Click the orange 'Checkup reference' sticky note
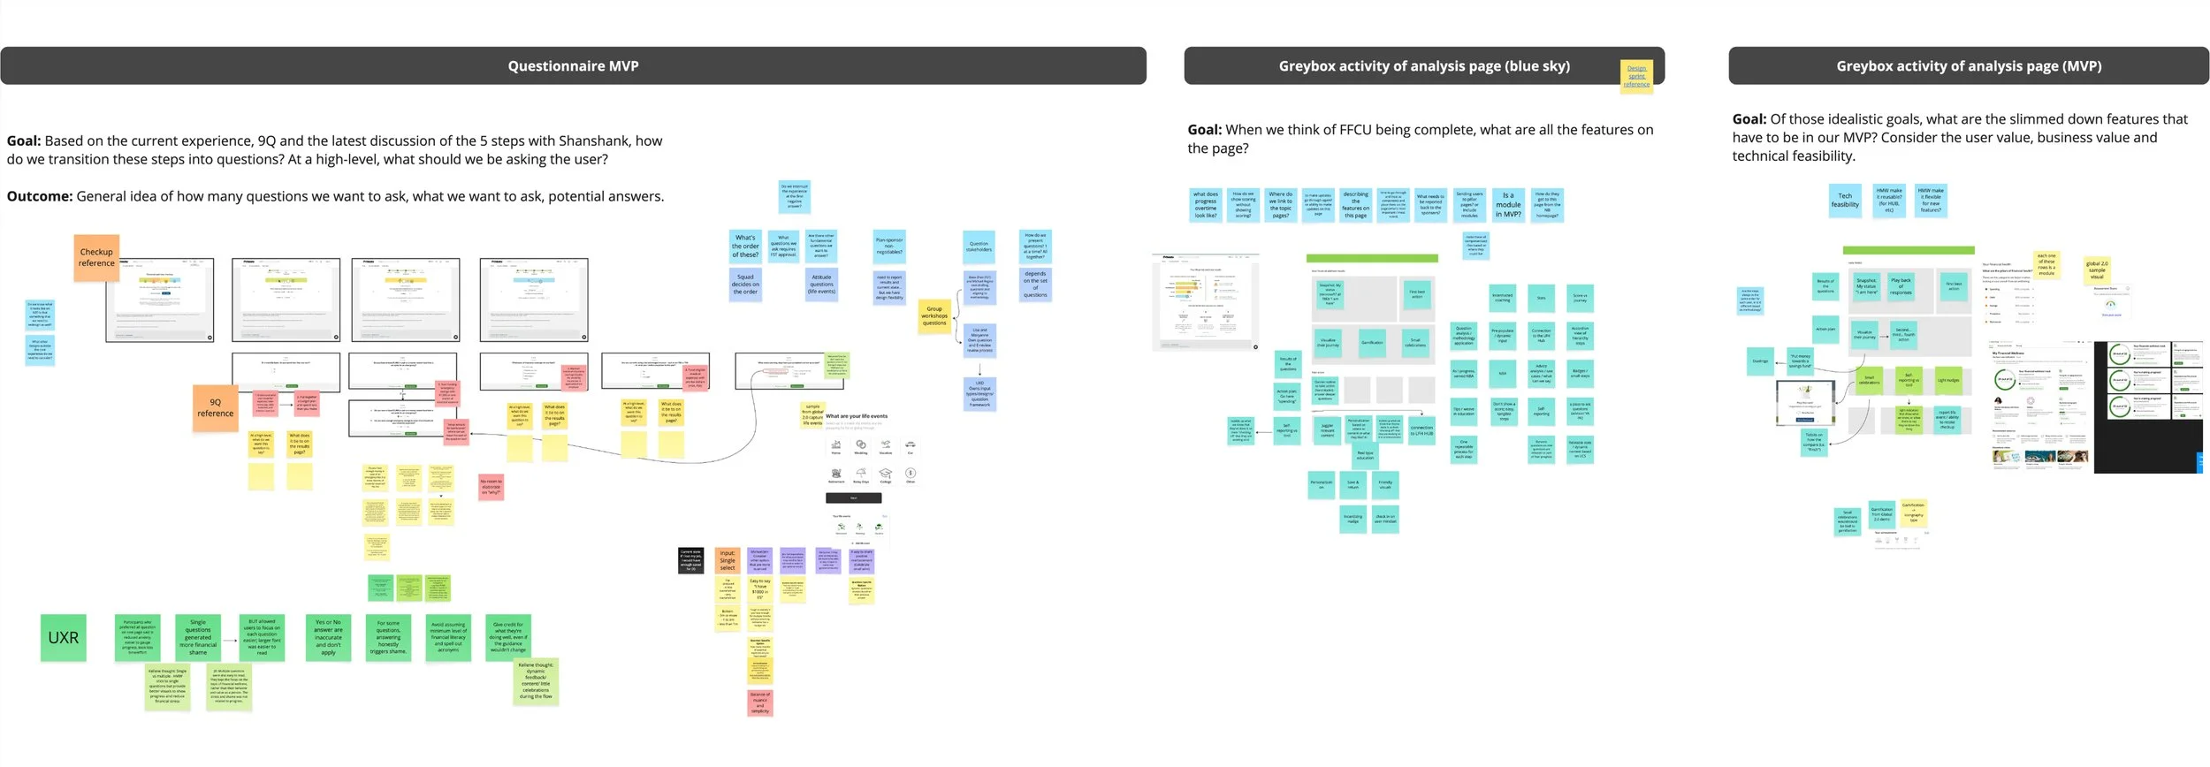tap(96, 258)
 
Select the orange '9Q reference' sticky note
tap(216, 408)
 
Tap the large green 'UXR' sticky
tap(64, 638)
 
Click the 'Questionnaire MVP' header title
tap(573, 66)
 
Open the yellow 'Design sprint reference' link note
tap(1636, 76)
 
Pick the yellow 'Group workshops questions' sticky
tap(934, 316)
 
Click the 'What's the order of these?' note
tap(745, 247)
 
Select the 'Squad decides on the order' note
tap(745, 285)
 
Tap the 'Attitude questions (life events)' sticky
tap(821, 285)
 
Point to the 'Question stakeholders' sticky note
tap(979, 247)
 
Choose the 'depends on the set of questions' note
tap(1035, 285)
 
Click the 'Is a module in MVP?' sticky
tap(1508, 205)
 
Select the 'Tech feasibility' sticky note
tap(1845, 201)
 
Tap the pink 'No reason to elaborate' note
tap(491, 487)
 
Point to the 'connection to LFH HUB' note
tap(1421, 430)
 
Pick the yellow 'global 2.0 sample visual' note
tap(2097, 270)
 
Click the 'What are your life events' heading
tap(857, 416)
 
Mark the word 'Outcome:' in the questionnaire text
tap(40, 197)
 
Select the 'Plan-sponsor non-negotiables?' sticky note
tap(889, 247)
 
